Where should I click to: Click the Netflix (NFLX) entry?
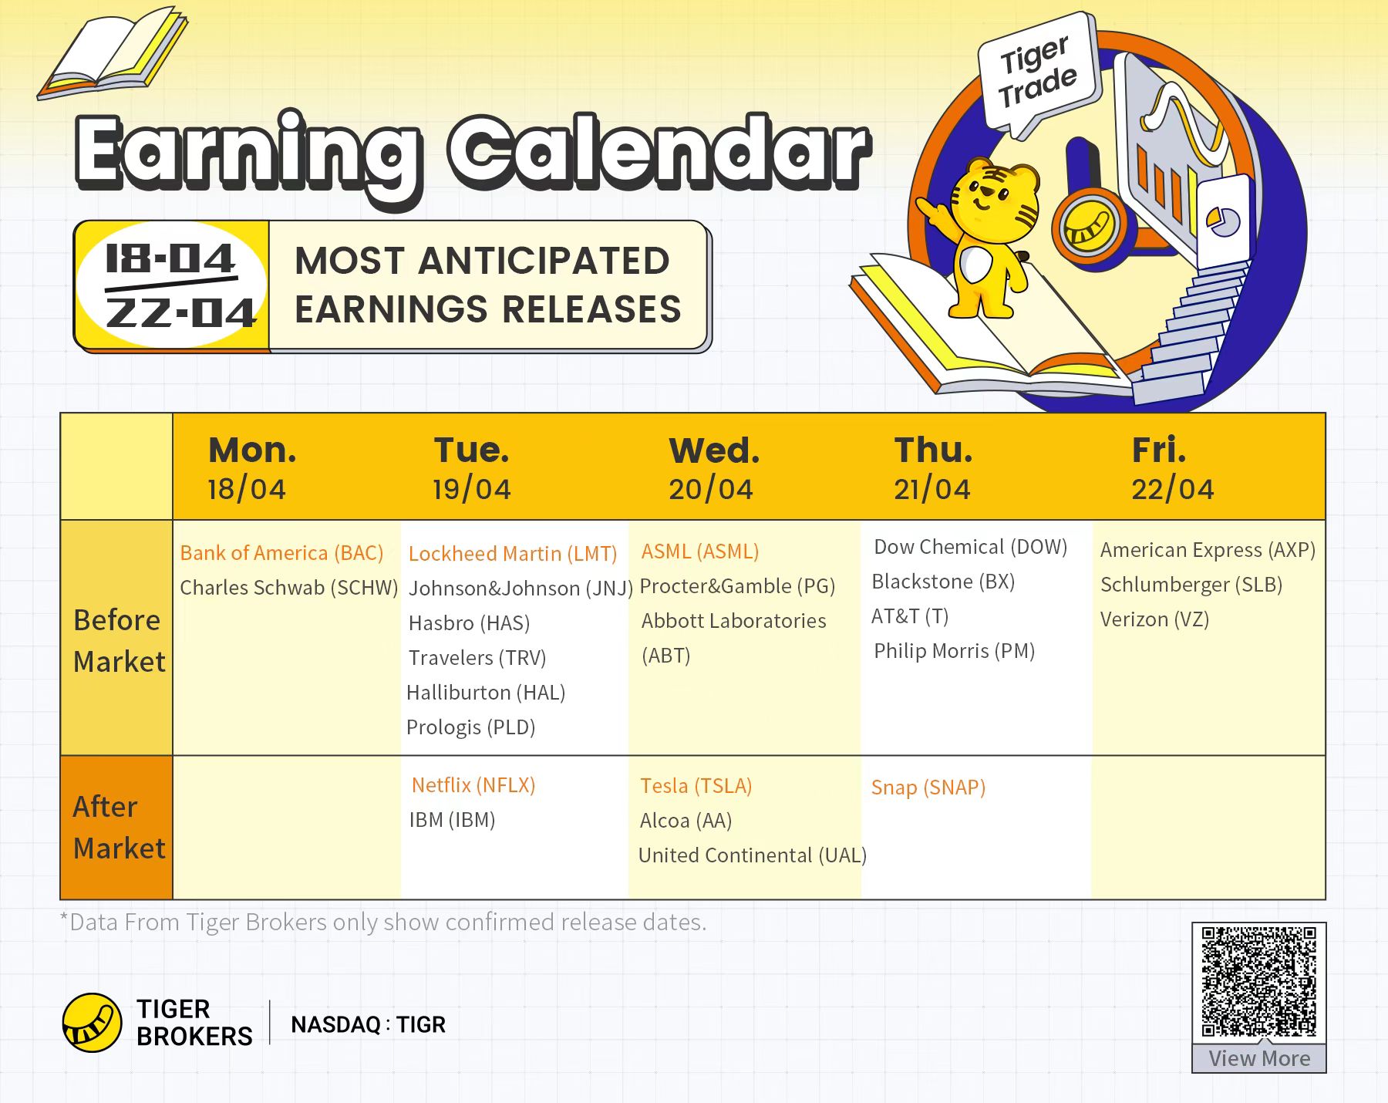pos(473,785)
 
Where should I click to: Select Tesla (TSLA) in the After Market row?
pos(696,786)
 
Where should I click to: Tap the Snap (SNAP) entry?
pos(928,788)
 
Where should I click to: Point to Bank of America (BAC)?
pos(281,553)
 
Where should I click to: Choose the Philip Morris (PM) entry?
pos(954,651)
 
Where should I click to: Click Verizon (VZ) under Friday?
pos(1154,619)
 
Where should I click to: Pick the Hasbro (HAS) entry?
pos(469,623)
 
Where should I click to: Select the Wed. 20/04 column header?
pos(713,468)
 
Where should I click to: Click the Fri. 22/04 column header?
pos(1172,468)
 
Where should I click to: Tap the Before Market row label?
pos(119,640)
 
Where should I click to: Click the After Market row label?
pos(119,827)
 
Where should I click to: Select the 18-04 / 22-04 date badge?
pos(171,285)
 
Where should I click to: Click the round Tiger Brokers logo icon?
pos(92,1023)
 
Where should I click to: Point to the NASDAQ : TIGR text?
pos(368,1024)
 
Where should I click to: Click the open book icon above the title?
pos(113,52)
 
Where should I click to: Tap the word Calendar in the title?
pos(659,153)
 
